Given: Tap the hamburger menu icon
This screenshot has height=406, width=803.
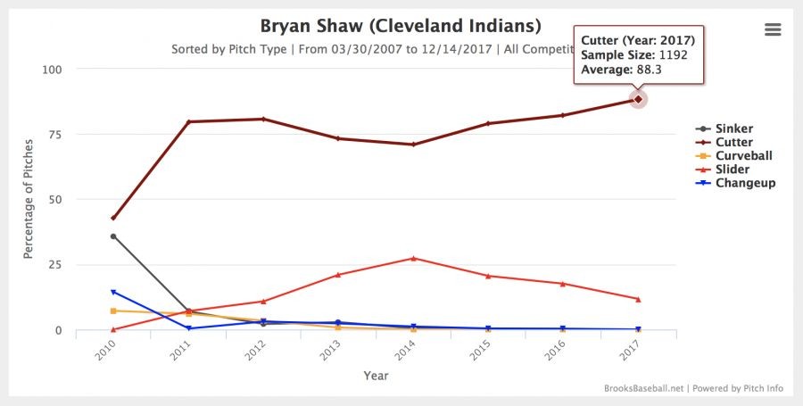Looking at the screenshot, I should click(773, 29).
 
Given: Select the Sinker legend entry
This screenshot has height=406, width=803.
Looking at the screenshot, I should click(733, 128).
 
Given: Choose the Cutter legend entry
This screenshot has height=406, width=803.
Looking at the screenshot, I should click(733, 142).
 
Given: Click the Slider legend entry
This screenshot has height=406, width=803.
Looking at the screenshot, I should click(732, 169).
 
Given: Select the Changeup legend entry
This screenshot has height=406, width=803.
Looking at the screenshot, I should click(744, 182).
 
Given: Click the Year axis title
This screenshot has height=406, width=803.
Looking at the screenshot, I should click(376, 376).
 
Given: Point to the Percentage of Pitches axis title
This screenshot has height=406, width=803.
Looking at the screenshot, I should click(29, 199).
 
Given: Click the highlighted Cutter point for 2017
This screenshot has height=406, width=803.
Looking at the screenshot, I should click(638, 99).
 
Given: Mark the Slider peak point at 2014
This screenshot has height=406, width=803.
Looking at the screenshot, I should click(413, 258).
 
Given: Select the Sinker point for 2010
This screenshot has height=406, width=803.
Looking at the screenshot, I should click(113, 236).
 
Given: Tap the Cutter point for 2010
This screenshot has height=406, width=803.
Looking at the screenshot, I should click(113, 218).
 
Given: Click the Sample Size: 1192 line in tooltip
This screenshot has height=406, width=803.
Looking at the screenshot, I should click(634, 55).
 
